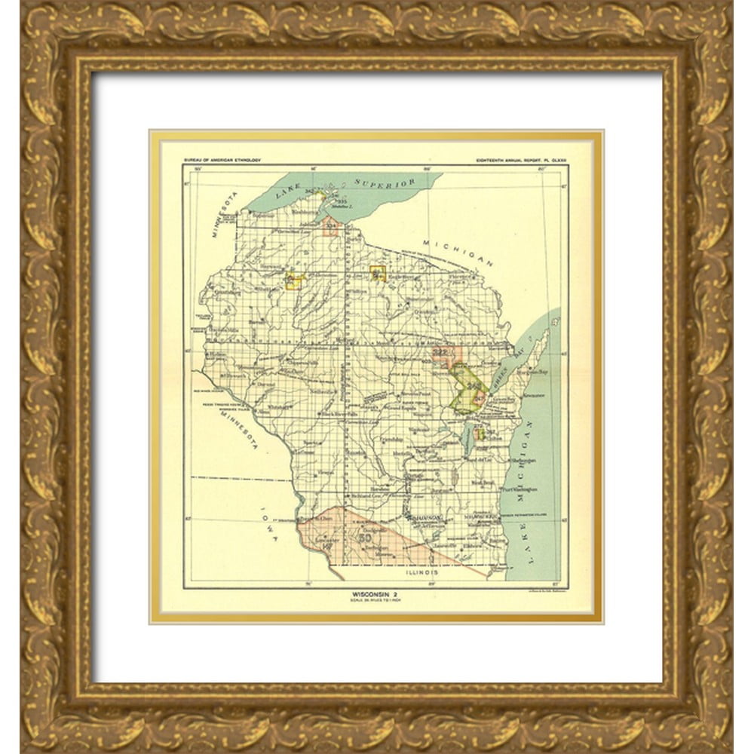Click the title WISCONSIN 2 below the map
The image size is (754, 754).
point(375,594)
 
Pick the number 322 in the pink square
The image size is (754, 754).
point(442,352)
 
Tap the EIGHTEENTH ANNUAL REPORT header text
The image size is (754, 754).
point(521,160)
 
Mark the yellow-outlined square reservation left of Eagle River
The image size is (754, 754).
point(378,274)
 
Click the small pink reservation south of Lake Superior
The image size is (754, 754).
point(330,225)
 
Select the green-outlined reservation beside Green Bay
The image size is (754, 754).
point(467,388)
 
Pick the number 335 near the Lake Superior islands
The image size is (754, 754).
point(336,202)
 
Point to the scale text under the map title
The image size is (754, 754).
point(375,601)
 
